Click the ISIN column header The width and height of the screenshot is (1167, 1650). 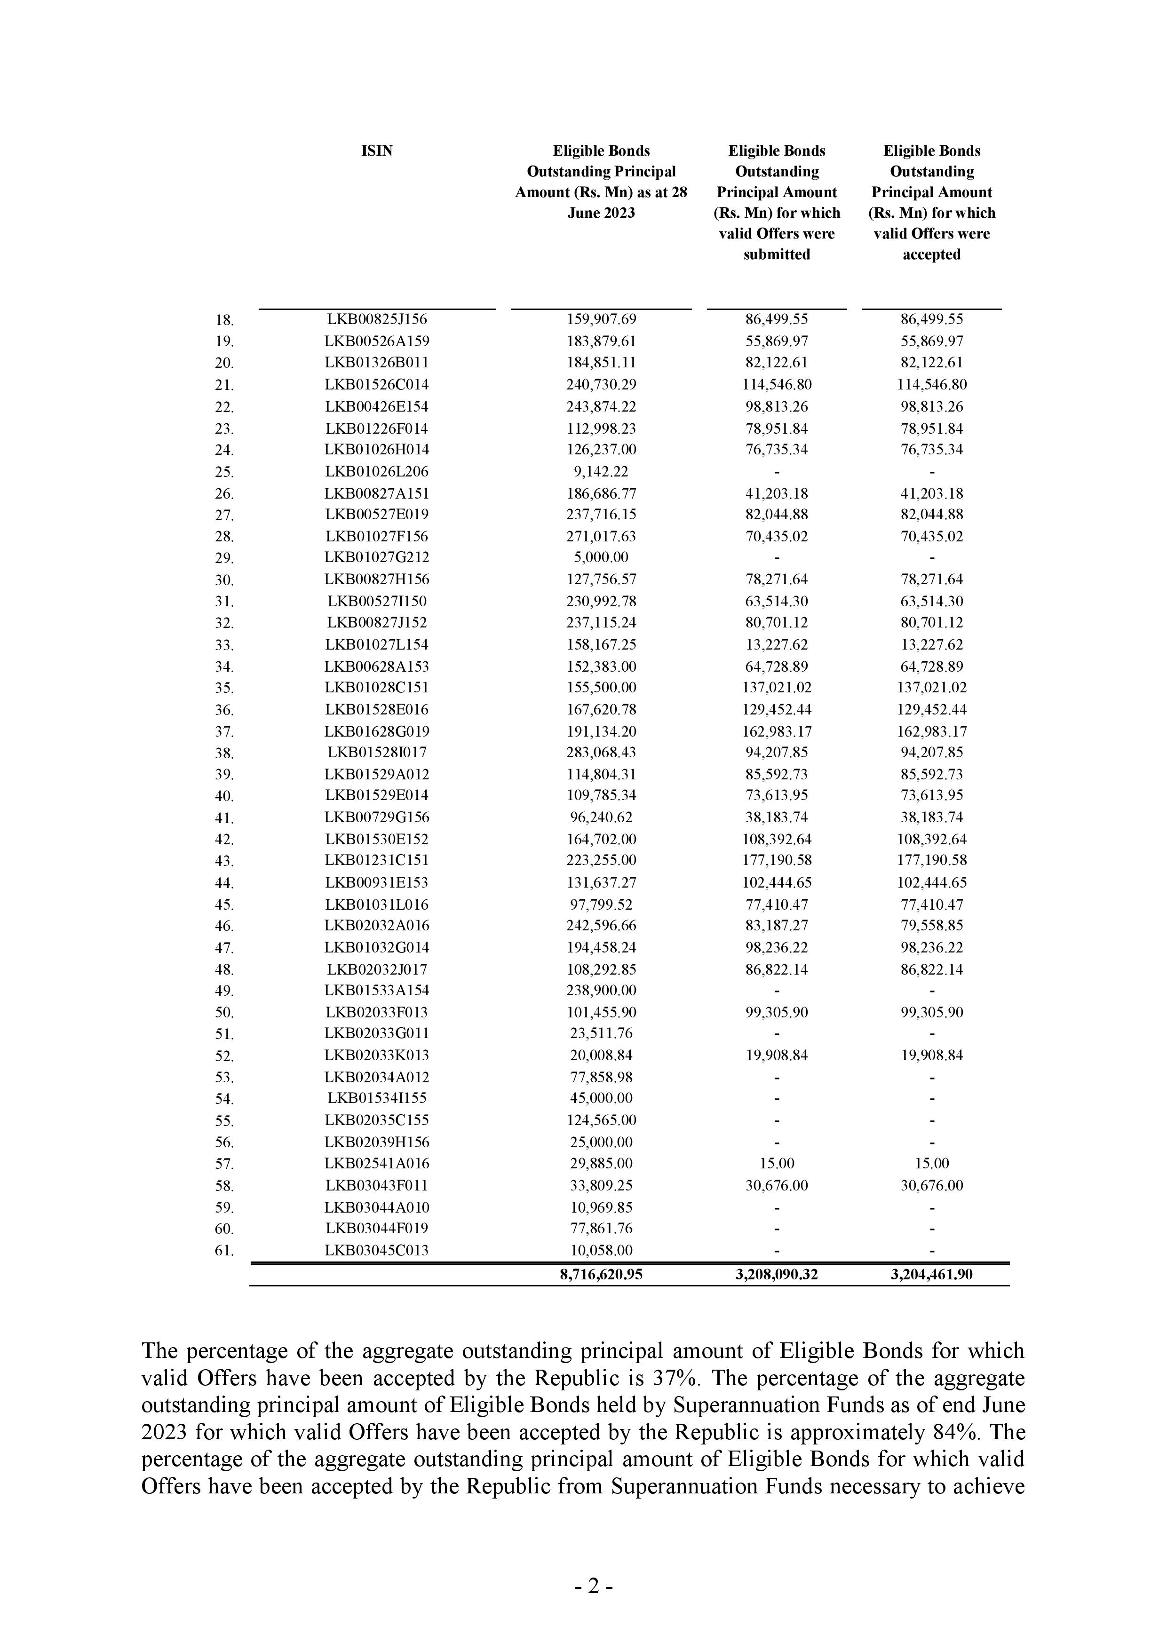pyautogui.click(x=377, y=151)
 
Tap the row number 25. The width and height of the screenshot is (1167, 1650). pyautogui.click(x=224, y=473)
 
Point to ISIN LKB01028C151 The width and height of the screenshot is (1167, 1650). pyautogui.click(x=377, y=688)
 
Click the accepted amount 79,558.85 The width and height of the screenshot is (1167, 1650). pyautogui.click(x=931, y=926)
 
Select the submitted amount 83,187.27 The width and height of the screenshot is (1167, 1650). pyautogui.click(x=776, y=926)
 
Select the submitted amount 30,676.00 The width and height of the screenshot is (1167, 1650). pyautogui.click(x=776, y=1186)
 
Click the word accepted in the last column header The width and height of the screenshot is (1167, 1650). pyautogui.click(x=931, y=254)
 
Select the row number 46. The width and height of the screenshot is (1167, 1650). pyautogui.click(x=224, y=926)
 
